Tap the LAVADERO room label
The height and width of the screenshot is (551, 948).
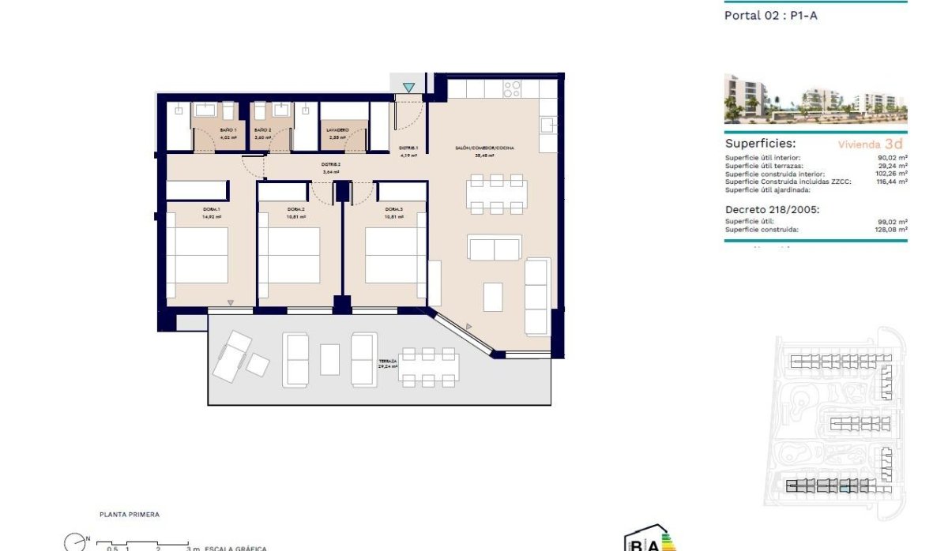click(x=338, y=130)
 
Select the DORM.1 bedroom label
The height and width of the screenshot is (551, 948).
click(x=212, y=209)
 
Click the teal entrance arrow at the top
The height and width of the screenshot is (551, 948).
click(x=408, y=87)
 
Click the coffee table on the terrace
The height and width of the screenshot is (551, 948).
click(x=329, y=359)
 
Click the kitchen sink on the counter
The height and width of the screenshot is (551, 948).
click(x=548, y=125)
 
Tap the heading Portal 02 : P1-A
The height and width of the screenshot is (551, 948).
click(x=770, y=15)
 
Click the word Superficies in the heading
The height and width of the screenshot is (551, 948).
click(x=760, y=144)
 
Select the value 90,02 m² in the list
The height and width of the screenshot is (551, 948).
click(x=893, y=158)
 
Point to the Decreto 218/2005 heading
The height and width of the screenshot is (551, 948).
click(x=773, y=209)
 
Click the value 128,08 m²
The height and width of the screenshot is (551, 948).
click(x=893, y=230)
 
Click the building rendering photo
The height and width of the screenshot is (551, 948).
click(x=815, y=99)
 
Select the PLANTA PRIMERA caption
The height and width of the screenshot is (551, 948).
click(x=130, y=515)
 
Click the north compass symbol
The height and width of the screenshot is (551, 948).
click(x=74, y=542)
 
